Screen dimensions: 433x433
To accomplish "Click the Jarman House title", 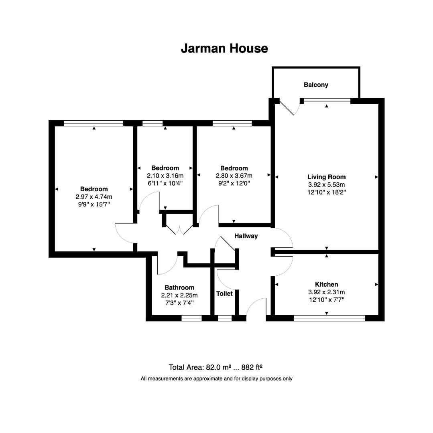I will click(224, 49).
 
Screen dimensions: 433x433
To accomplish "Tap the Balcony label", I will click(316, 85).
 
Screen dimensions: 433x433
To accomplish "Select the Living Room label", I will click(326, 177).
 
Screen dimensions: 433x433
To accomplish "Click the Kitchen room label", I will click(326, 284).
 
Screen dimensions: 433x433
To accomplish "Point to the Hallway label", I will click(246, 236).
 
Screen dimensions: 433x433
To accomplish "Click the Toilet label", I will click(224, 293).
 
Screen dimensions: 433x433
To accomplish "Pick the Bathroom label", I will click(179, 287).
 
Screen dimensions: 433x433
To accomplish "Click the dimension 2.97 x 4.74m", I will click(94, 197).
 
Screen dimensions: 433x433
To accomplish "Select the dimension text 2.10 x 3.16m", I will click(165, 176).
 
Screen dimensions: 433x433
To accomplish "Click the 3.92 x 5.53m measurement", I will click(326, 184).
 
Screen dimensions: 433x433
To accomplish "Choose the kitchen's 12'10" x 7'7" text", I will click(326, 299).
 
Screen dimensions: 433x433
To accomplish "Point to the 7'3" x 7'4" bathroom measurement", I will click(179, 303).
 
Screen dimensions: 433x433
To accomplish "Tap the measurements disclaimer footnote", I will click(216, 378).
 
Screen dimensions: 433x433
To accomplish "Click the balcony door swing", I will click(288, 107).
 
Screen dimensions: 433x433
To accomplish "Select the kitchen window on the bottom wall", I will click(329, 318).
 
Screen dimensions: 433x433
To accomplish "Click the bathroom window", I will click(191, 318).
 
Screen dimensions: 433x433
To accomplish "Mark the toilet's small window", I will click(225, 318).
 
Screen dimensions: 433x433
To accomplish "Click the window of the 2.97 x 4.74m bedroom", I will click(94, 123).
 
